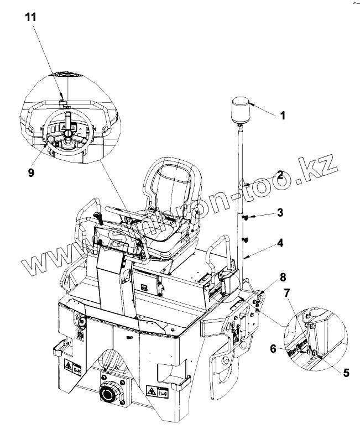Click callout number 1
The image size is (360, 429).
pyautogui.click(x=282, y=116)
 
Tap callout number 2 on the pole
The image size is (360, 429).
pyautogui.click(x=280, y=176)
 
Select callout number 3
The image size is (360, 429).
pyautogui.click(x=280, y=212)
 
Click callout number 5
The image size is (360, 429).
pyautogui.click(x=346, y=373)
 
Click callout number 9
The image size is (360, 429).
pyautogui.click(x=31, y=173)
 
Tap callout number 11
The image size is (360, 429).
pyautogui.click(x=31, y=17)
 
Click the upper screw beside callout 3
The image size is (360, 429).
pyautogui.click(x=245, y=218)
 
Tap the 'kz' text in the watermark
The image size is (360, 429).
pyautogui.click(x=320, y=165)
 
